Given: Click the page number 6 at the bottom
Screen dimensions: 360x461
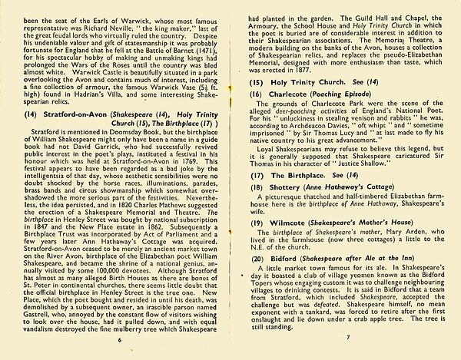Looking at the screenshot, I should pyautogui.click(x=120, y=338).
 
